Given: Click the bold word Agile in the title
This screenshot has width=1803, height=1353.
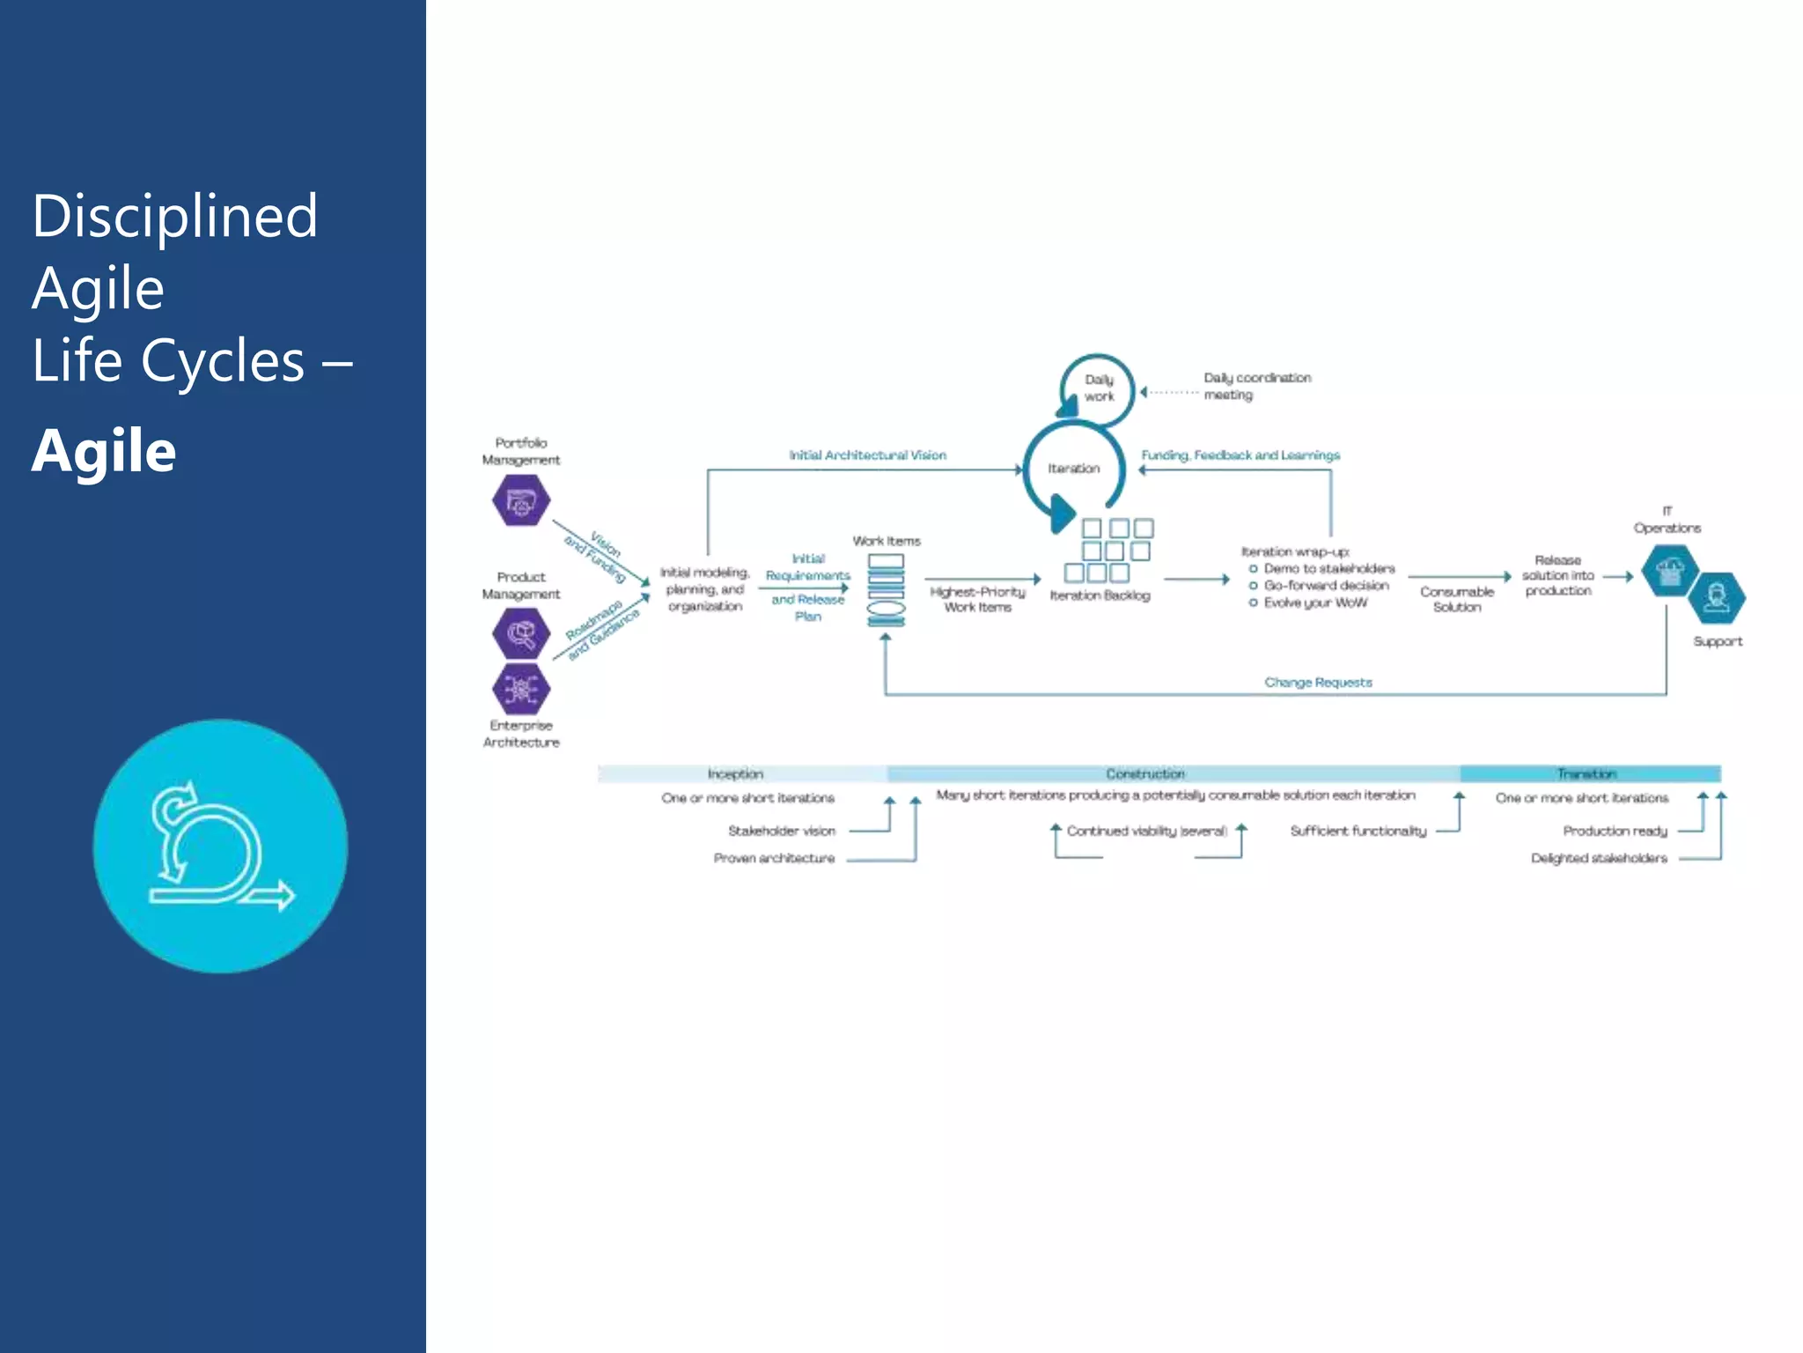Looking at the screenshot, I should (104, 451).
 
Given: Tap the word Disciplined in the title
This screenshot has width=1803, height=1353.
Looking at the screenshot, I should (174, 217).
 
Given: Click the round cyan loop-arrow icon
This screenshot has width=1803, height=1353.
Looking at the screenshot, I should (220, 847).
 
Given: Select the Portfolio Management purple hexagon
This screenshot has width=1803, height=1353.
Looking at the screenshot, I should (521, 500).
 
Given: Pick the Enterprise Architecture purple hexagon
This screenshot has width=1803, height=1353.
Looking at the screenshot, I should (521, 688).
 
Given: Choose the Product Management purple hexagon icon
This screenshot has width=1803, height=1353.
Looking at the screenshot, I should (521, 632).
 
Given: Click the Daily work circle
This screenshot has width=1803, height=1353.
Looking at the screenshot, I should (1098, 388).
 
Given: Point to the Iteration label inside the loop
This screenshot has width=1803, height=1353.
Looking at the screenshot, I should (1073, 469).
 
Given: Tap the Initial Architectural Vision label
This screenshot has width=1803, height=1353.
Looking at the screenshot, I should (867, 455).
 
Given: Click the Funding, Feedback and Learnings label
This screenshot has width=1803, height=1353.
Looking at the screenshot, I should (1240, 455).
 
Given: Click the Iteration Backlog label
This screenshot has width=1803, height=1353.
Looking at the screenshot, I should (1100, 596).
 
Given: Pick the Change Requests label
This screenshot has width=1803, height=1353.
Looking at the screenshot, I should (1318, 683).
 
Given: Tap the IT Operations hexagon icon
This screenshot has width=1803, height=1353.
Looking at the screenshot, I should (1669, 571).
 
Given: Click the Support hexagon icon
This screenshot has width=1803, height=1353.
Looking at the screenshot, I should (1717, 599).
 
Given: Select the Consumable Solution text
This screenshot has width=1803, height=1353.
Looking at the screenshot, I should (1457, 600).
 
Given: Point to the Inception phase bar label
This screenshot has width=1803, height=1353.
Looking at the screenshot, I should (735, 774).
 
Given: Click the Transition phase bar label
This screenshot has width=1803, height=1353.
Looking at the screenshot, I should (1586, 774).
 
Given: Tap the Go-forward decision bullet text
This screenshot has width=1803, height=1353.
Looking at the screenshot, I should (1326, 586).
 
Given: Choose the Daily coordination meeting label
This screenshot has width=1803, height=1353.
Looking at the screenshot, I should (1256, 387).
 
